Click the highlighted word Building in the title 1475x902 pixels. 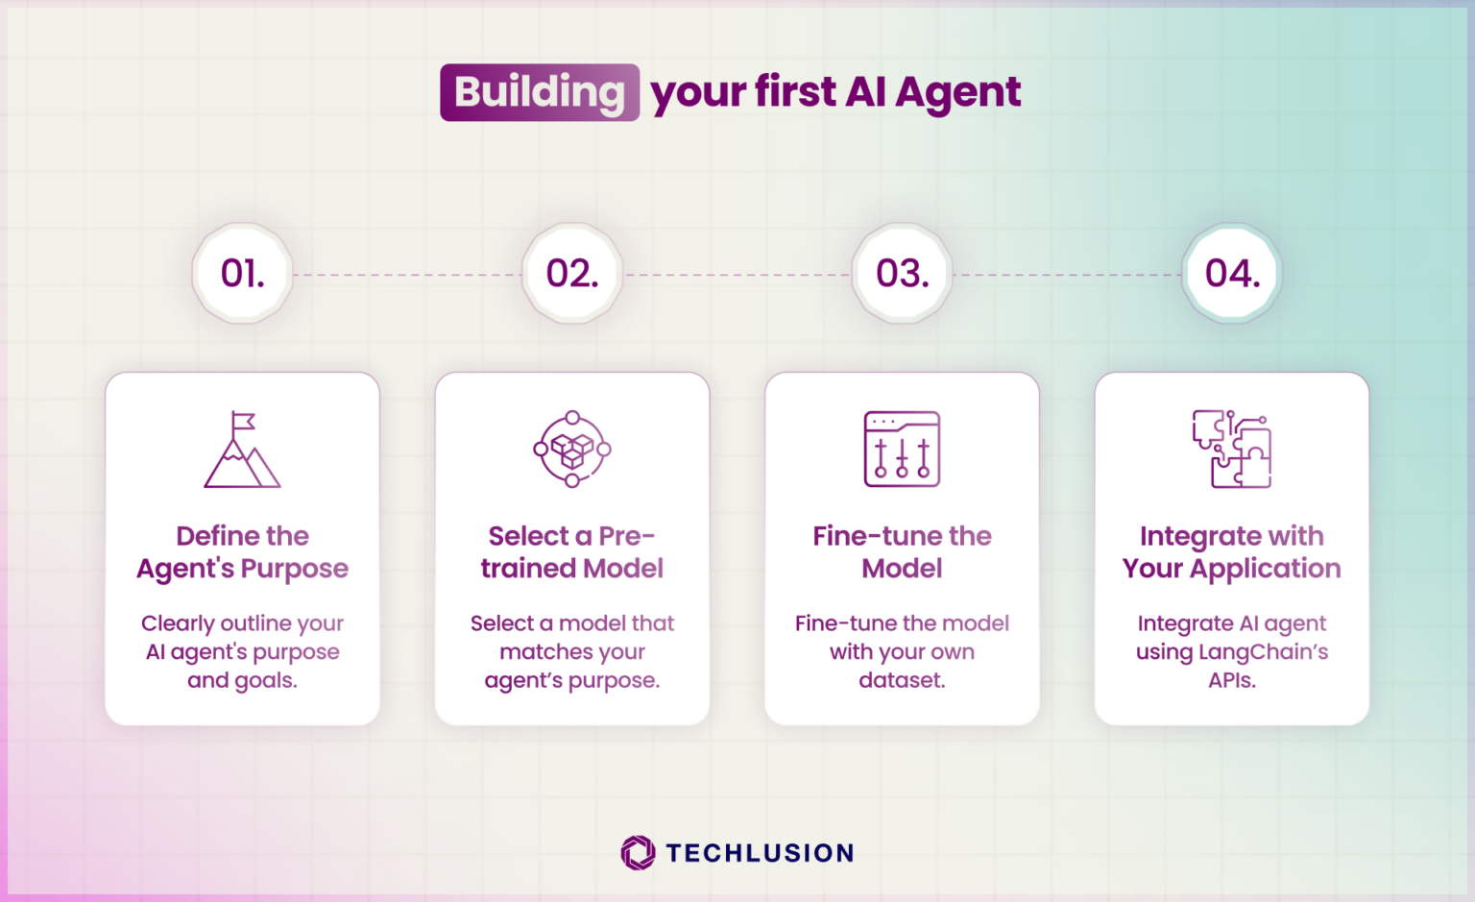[x=540, y=92]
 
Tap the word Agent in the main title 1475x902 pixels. [x=957, y=93]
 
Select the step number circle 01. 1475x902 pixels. [x=242, y=274]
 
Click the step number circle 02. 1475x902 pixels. [x=572, y=274]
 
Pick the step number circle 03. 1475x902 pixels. [x=902, y=274]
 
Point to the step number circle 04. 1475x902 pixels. [x=1232, y=274]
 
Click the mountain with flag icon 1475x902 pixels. [x=242, y=450]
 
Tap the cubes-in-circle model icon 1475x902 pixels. [x=572, y=449]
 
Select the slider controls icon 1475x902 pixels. [x=902, y=449]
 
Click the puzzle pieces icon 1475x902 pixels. [x=1232, y=449]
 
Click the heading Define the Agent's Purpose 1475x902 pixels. [x=242, y=552]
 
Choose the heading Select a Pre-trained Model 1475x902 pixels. [x=572, y=552]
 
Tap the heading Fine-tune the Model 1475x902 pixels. [x=902, y=552]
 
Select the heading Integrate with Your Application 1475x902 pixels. [x=1232, y=552]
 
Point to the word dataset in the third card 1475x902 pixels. [x=901, y=680]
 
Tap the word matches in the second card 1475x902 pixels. [x=545, y=652]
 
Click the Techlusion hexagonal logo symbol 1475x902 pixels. [x=638, y=852]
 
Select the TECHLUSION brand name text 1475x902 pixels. [x=760, y=853]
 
